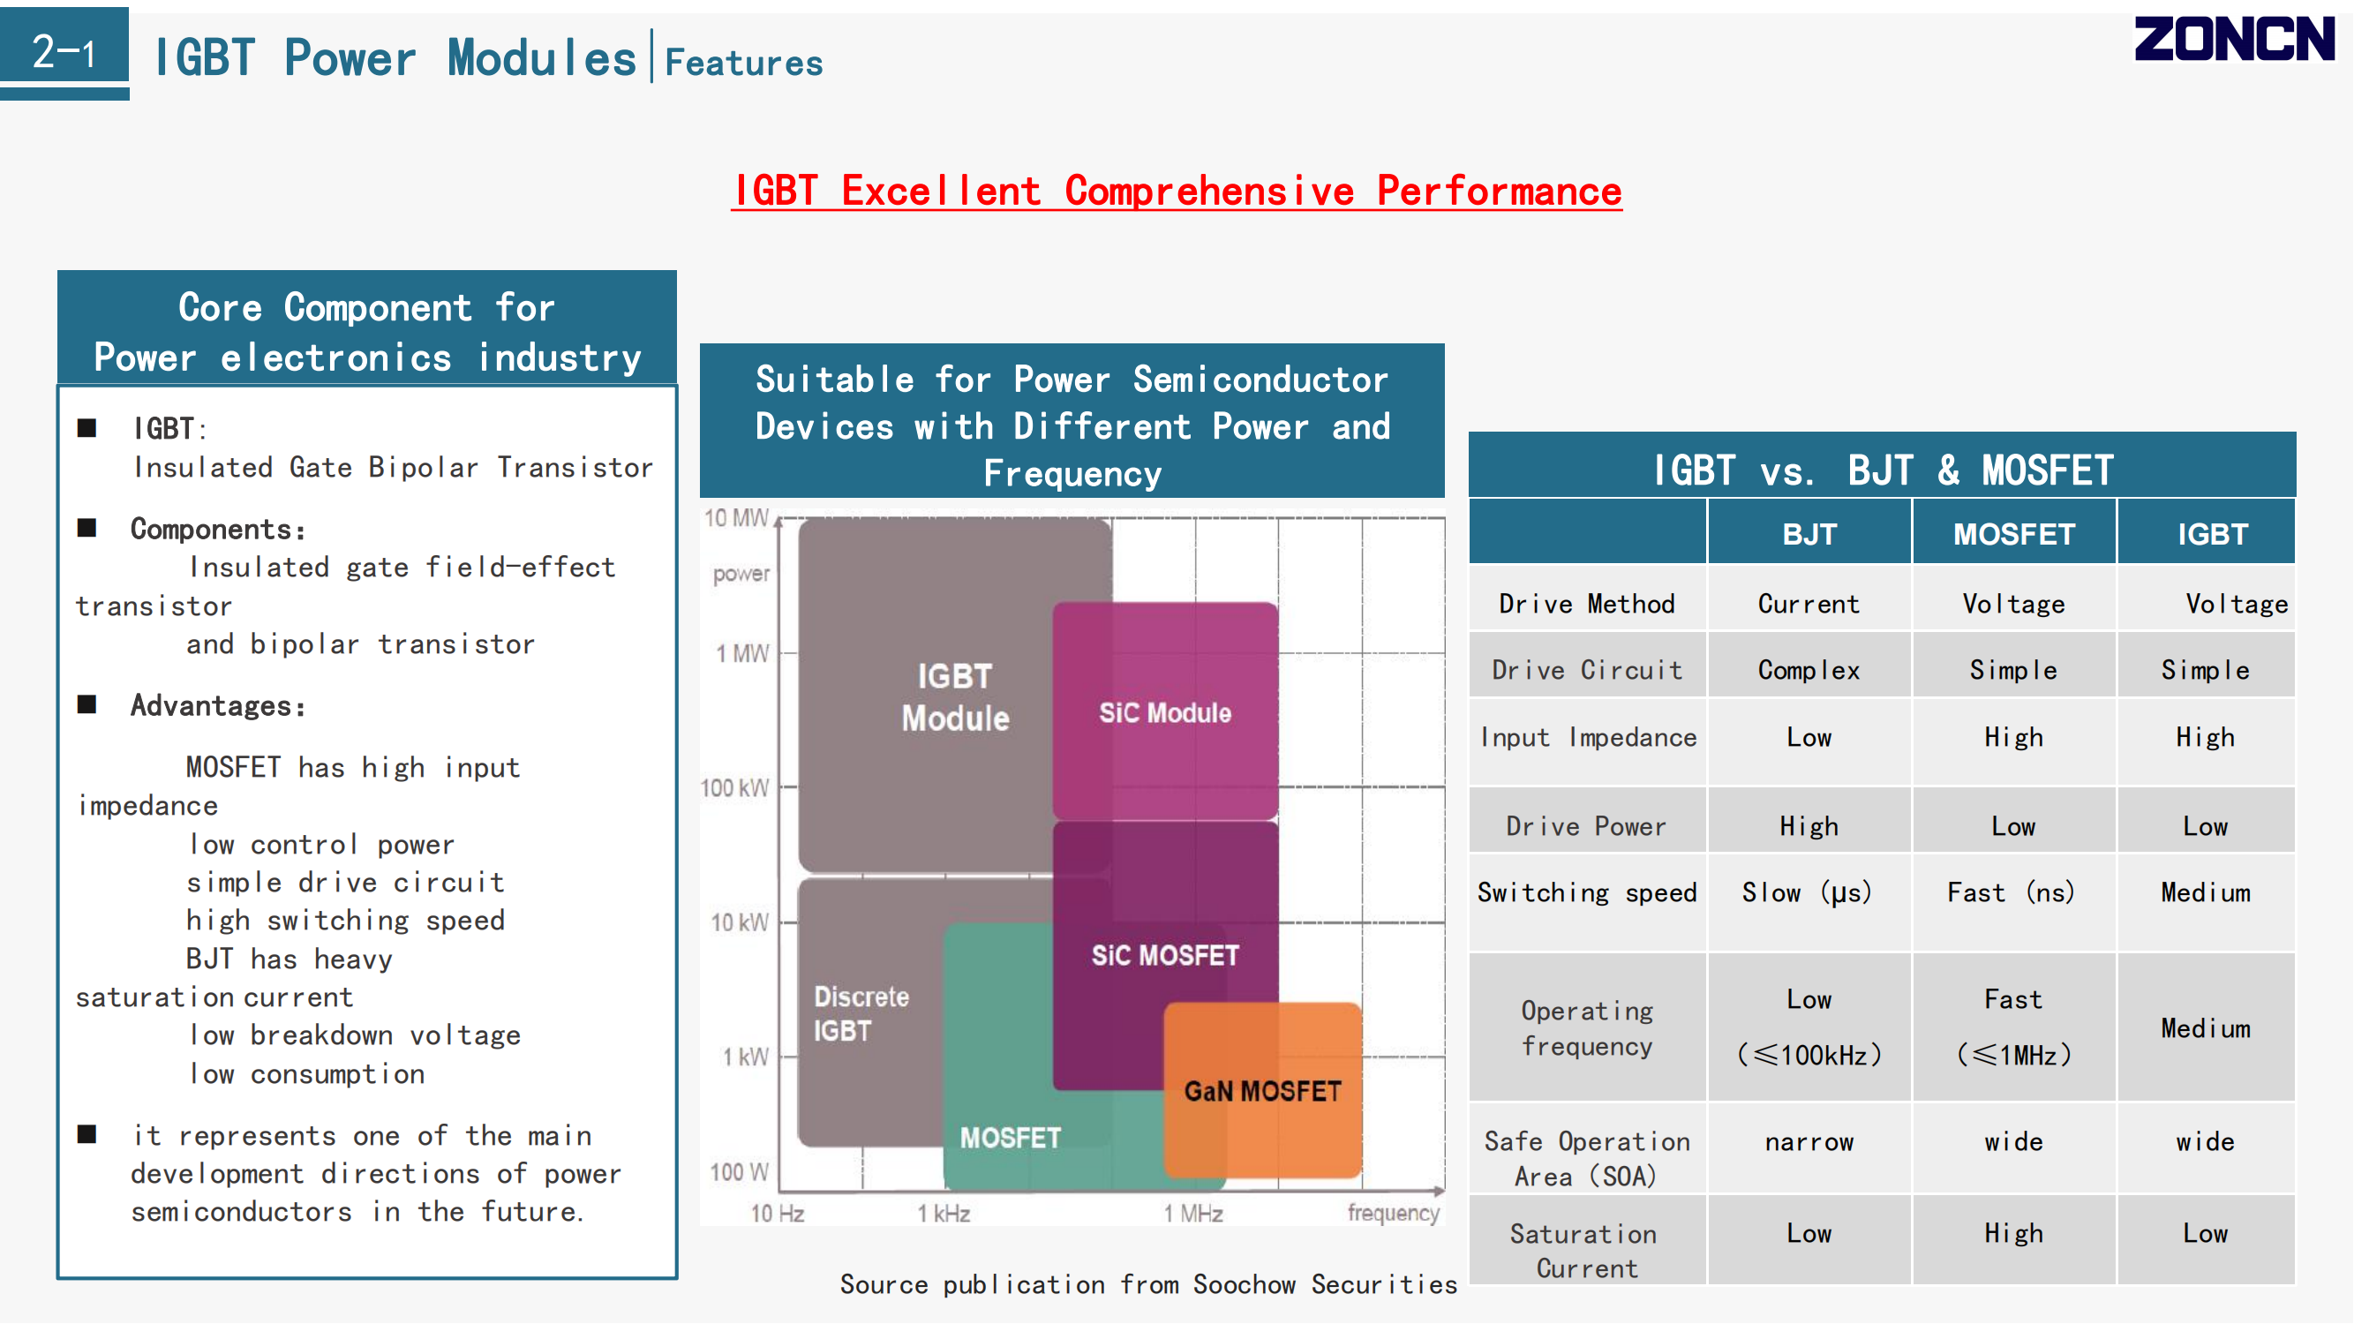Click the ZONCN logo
2234,40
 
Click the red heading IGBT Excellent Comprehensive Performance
1177,191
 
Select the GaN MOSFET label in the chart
1263,1091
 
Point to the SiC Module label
1165,712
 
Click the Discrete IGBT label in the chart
861,1013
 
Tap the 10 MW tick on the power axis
736,518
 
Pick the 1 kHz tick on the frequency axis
944,1214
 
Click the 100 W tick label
740,1171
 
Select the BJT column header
1809,535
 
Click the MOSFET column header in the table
2014,535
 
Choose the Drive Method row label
1587,604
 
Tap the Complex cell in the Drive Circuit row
1809,671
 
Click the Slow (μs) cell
1808,892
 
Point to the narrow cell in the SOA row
1809,1142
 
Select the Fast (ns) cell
2012,892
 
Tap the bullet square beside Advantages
86,704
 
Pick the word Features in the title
744,62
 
